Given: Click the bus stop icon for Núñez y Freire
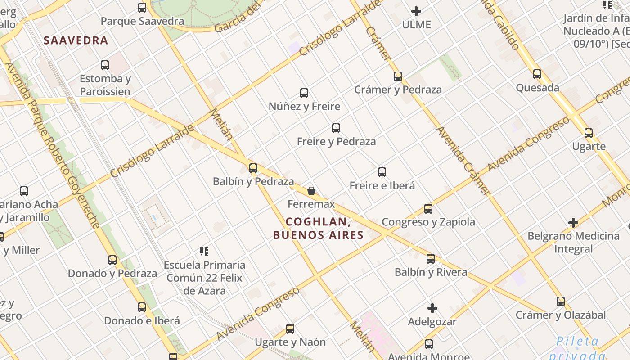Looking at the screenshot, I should point(304,93).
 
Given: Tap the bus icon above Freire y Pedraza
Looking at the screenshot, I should point(336,128).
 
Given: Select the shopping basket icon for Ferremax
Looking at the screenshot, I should point(311,191).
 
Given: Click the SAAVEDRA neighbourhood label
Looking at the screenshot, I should point(76,40).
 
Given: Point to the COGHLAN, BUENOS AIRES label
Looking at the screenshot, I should point(318,228).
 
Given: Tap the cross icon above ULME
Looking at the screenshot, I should point(416,11).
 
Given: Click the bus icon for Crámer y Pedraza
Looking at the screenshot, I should point(398,76).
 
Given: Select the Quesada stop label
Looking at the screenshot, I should point(538,88).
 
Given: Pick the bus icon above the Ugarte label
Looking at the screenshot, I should point(589,133).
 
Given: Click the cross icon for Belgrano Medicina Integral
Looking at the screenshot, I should point(573,223).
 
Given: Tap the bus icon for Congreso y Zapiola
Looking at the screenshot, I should point(428,209).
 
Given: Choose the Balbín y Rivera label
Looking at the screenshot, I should point(431,272).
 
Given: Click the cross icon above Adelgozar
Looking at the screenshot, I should point(432,308).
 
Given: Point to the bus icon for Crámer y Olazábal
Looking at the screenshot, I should point(561,301).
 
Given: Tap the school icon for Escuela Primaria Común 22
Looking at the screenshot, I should point(204,251).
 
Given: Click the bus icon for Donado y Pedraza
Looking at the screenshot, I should point(112,260).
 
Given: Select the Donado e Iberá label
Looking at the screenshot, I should point(142,321).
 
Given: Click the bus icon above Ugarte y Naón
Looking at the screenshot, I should point(290,329).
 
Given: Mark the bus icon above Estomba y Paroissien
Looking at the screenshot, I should point(105,65).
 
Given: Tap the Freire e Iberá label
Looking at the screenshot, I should point(382,185).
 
